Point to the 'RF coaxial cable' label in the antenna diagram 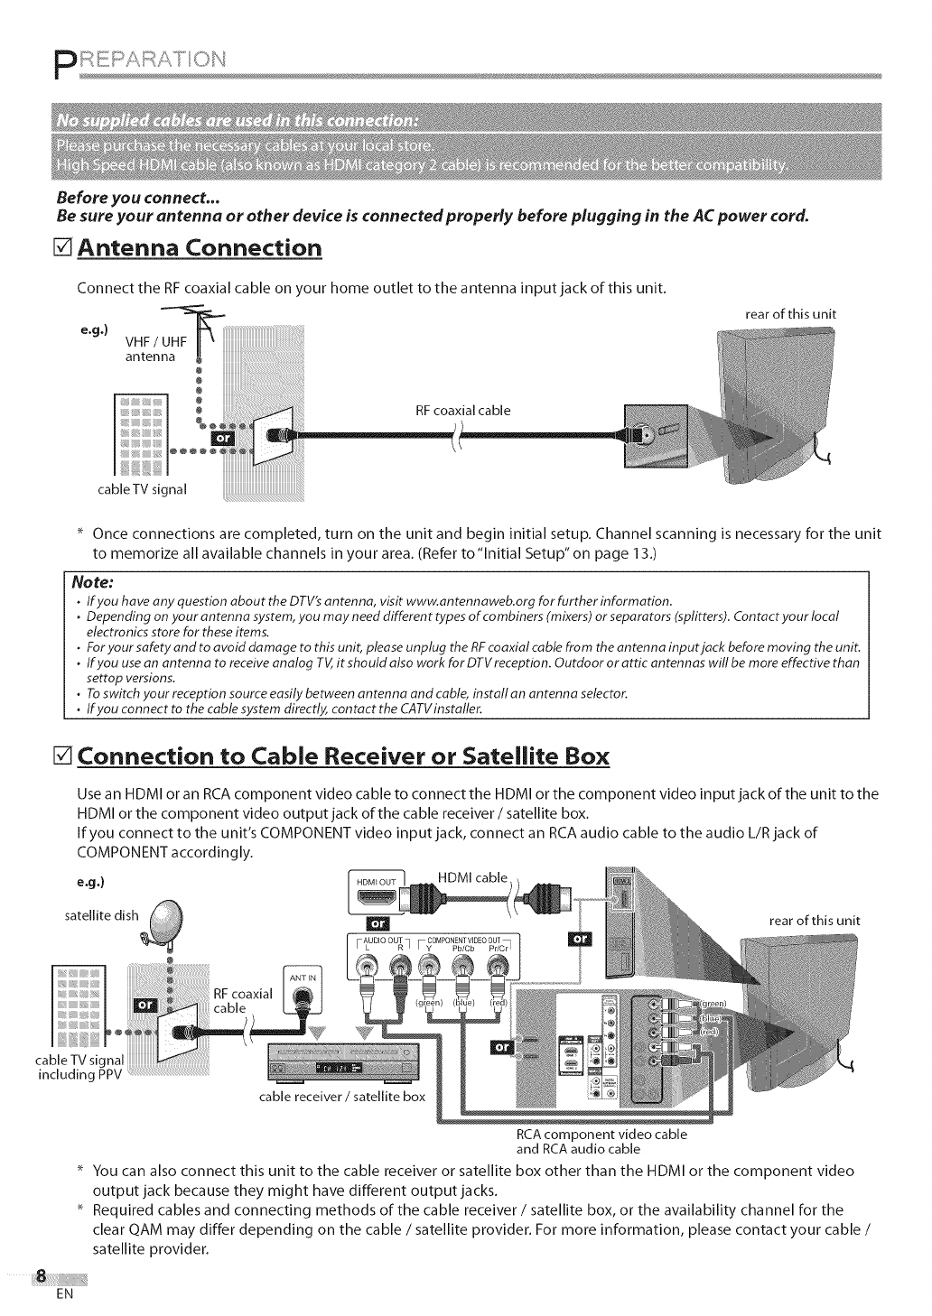(x=462, y=411)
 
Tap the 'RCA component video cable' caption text (x=601, y=1134)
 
